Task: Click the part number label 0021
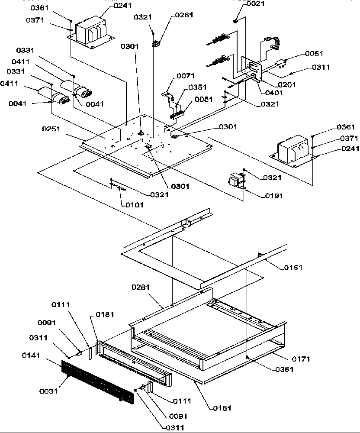256,4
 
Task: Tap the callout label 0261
184,15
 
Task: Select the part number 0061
314,54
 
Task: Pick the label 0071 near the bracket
186,76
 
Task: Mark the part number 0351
196,87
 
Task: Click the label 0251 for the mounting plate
51,129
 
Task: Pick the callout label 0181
105,314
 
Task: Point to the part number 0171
301,359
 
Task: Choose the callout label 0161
222,408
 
